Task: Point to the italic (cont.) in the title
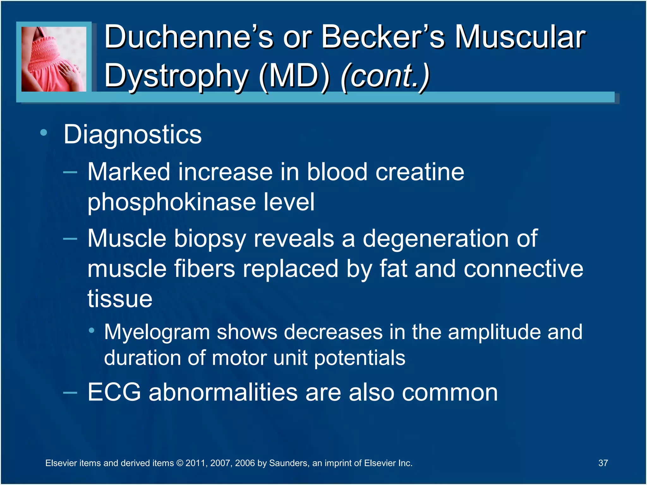[x=385, y=76]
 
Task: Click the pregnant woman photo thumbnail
[x=54, y=59]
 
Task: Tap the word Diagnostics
[x=132, y=135]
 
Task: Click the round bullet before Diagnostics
[x=44, y=133]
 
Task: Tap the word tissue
[x=120, y=298]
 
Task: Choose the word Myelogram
[x=157, y=332]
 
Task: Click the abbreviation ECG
[x=114, y=392]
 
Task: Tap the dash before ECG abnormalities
[x=70, y=393]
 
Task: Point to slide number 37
[x=603, y=463]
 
